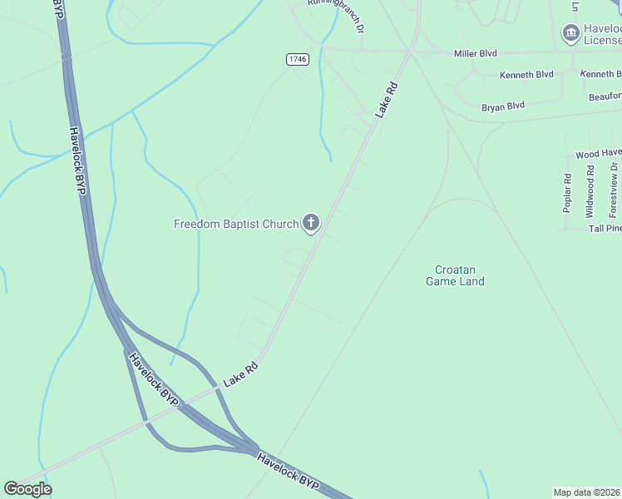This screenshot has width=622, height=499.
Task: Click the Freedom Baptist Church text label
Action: [235, 224]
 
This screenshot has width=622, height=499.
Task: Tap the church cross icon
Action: [311, 222]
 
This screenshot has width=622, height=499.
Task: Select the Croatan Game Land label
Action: [455, 275]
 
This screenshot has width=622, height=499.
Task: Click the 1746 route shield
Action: [297, 58]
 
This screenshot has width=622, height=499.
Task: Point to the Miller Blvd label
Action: [475, 53]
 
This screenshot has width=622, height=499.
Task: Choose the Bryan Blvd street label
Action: [503, 106]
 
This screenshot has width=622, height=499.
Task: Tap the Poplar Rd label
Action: [567, 193]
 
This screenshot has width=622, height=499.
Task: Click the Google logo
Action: [27, 488]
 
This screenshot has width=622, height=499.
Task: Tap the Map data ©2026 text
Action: [587, 492]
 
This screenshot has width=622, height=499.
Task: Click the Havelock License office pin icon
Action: [570, 33]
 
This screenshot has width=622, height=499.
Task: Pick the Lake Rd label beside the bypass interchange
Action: [241, 374]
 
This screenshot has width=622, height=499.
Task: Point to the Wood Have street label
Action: [598, 154]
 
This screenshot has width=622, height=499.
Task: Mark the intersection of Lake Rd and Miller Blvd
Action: [411, 52]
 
